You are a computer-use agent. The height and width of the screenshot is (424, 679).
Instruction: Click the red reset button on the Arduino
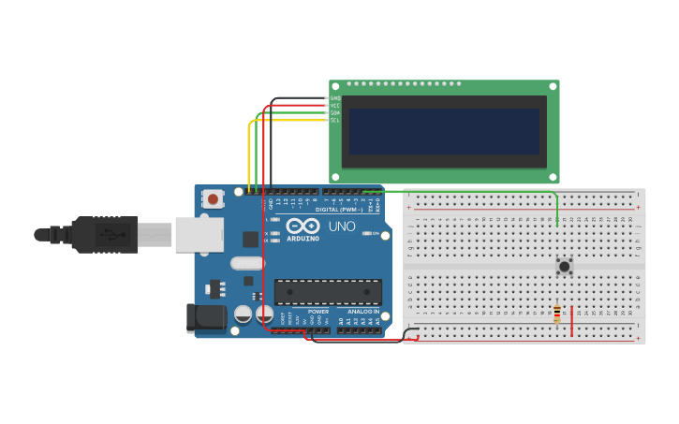(214, 198)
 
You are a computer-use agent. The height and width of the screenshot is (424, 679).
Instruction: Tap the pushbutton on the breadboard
(564, 267)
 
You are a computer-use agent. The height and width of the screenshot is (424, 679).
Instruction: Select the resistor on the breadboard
(557, 314)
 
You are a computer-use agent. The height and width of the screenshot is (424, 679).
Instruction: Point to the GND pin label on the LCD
(335, 98)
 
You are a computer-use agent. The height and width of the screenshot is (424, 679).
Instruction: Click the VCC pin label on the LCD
(335, 106)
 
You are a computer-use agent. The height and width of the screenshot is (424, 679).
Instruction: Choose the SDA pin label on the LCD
(335, 113)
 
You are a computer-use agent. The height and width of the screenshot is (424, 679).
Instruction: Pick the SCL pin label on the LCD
(335, 121)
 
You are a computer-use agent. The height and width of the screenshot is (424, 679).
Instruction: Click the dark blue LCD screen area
(444, 131)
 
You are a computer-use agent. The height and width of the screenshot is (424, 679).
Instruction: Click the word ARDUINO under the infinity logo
(303, 239)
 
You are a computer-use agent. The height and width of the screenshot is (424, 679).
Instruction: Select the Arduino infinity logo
(303, 226)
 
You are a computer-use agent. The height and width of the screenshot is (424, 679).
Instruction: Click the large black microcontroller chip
(328, 291)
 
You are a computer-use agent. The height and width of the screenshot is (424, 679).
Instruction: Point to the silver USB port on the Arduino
(199, 234)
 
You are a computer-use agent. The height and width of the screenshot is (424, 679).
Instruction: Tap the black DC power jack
(205, 317)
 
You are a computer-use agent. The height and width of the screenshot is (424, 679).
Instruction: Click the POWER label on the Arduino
(318, 312)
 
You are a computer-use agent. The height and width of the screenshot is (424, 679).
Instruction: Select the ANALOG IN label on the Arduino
(363, 312)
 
